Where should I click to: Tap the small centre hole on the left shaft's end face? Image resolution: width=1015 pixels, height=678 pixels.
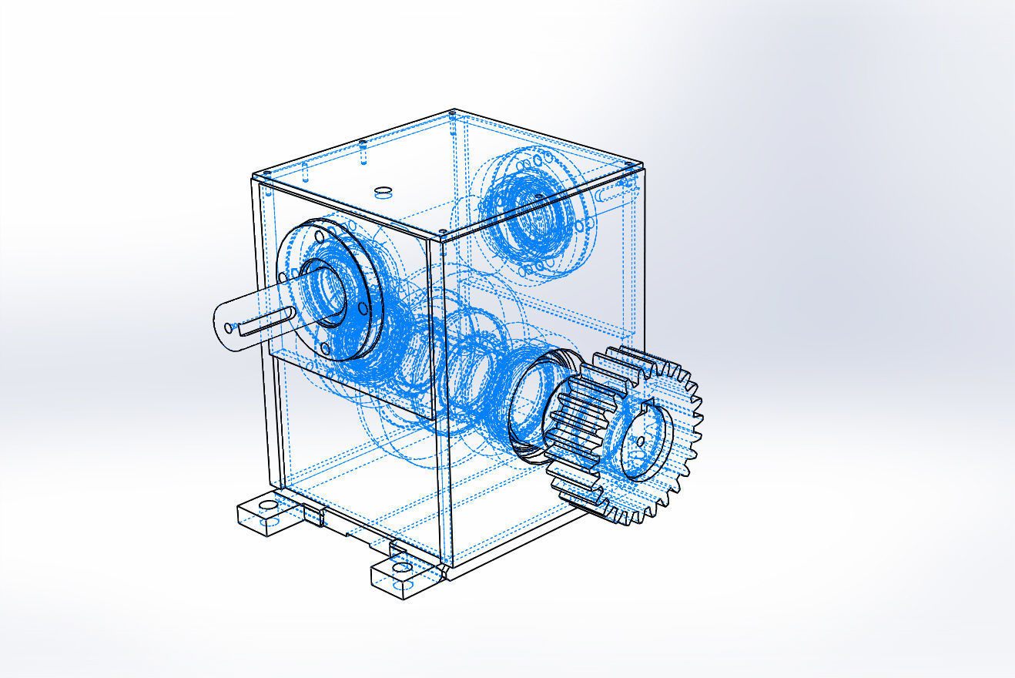[229, 327]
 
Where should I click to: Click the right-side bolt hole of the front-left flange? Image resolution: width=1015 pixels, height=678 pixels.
[362, 309]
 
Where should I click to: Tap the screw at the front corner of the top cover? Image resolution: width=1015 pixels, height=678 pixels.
[443, 231]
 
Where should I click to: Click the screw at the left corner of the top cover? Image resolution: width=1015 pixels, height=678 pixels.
[263, 173]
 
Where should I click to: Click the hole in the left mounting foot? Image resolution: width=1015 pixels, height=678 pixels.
[267, 507]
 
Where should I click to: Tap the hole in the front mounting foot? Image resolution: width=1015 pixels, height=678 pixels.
[400, 568]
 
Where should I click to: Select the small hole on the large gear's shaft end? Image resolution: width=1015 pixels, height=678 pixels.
[639, 441]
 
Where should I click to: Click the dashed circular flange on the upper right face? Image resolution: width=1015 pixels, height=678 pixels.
[531, 208]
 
